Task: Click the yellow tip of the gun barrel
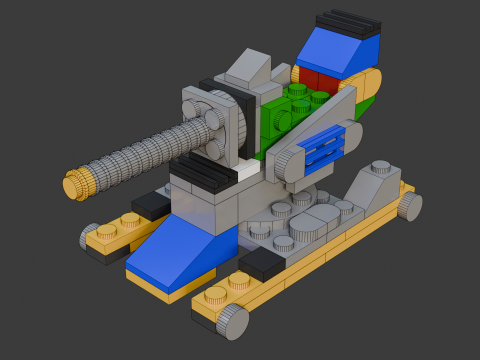tap(76, 185)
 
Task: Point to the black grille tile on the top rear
tap(348, 21)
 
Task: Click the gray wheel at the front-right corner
tap(233, 321)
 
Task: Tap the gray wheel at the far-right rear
tap(409, 206)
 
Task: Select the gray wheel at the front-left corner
tap(91, 236)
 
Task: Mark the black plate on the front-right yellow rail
tap(261, 263)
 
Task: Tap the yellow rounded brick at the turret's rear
tap(368, 86)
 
